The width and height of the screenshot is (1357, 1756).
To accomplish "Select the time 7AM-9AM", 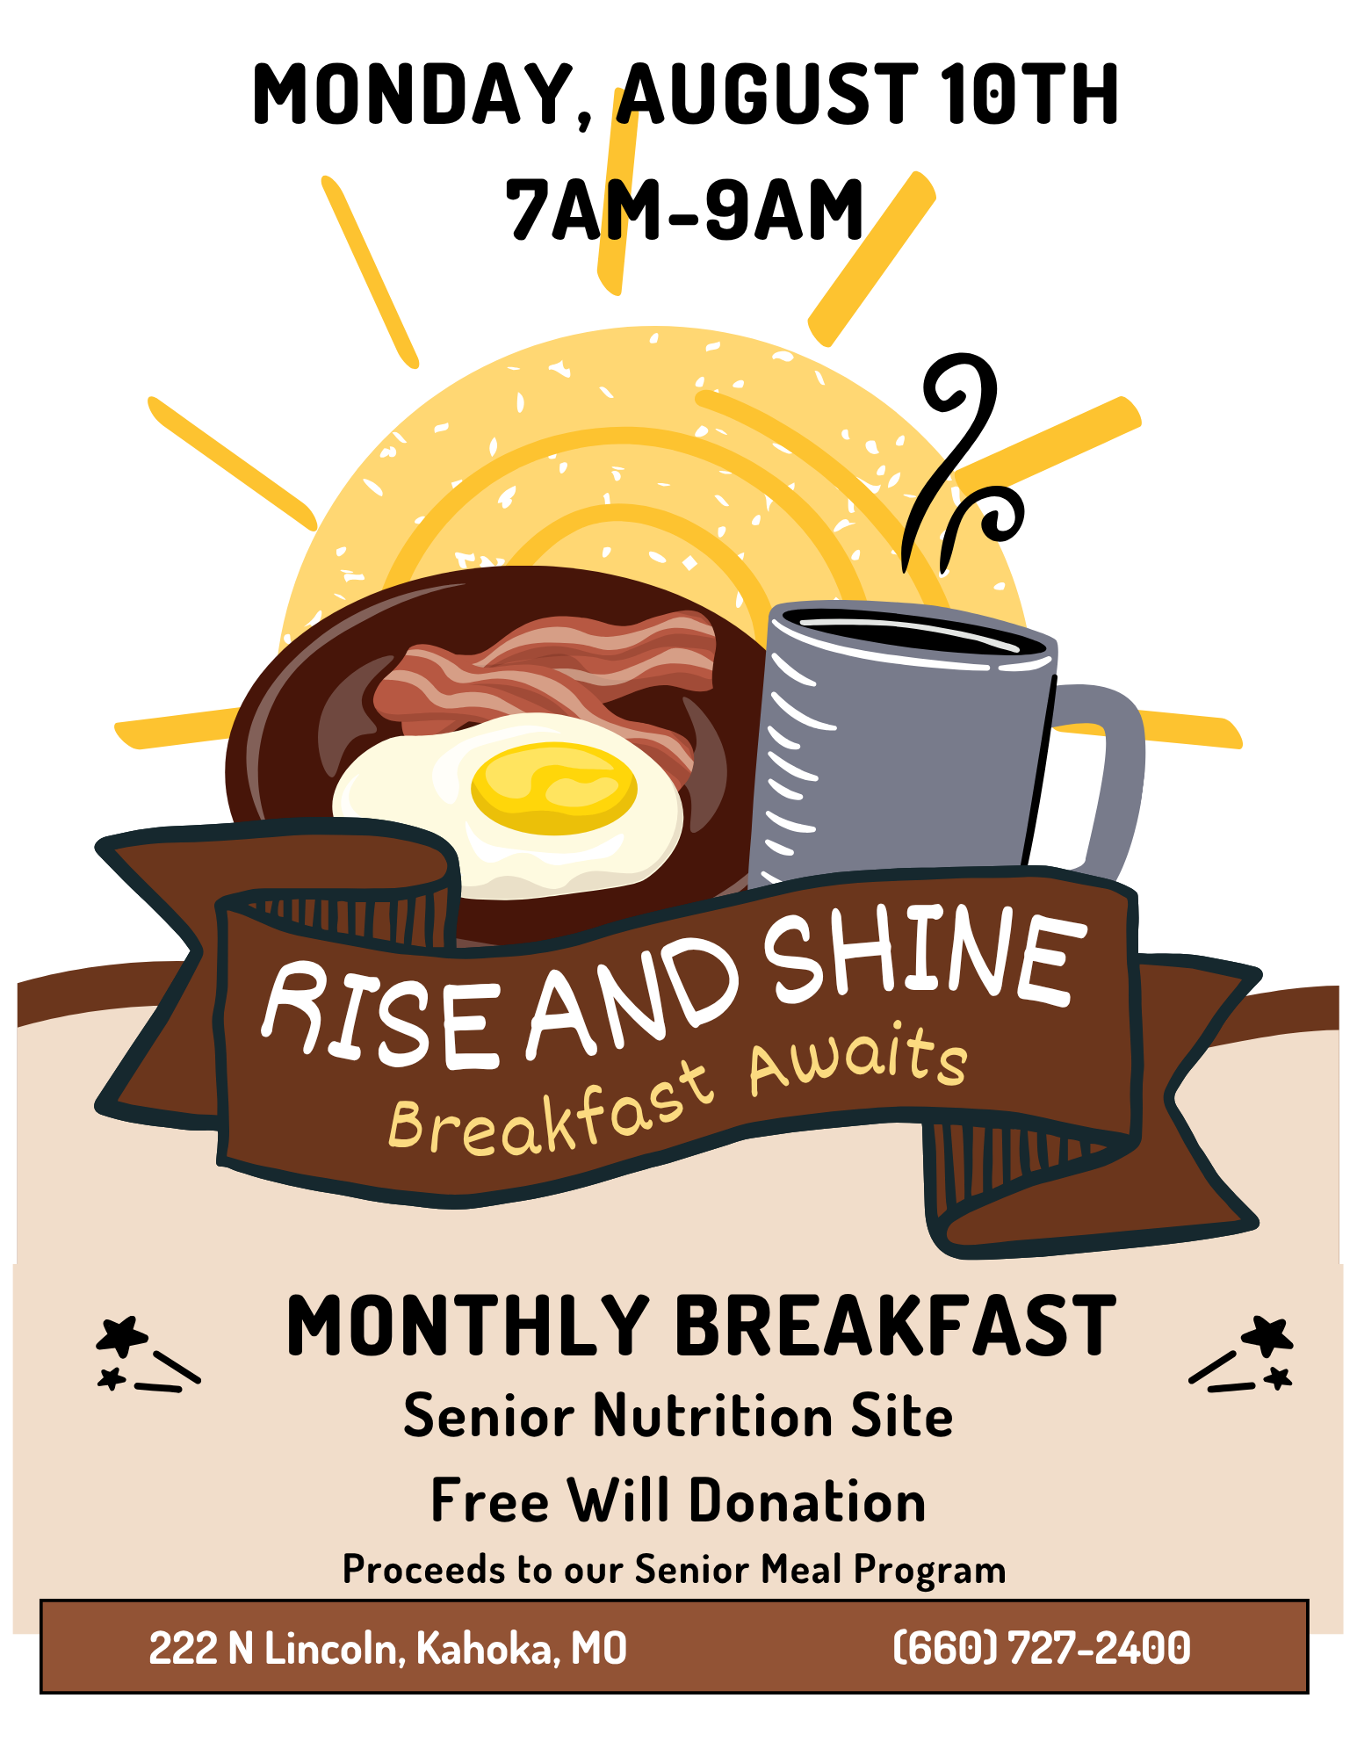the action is point(684,209).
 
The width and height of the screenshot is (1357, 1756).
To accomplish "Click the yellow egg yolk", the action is point(553,788).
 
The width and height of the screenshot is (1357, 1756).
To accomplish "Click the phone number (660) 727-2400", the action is point(1042,1648).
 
